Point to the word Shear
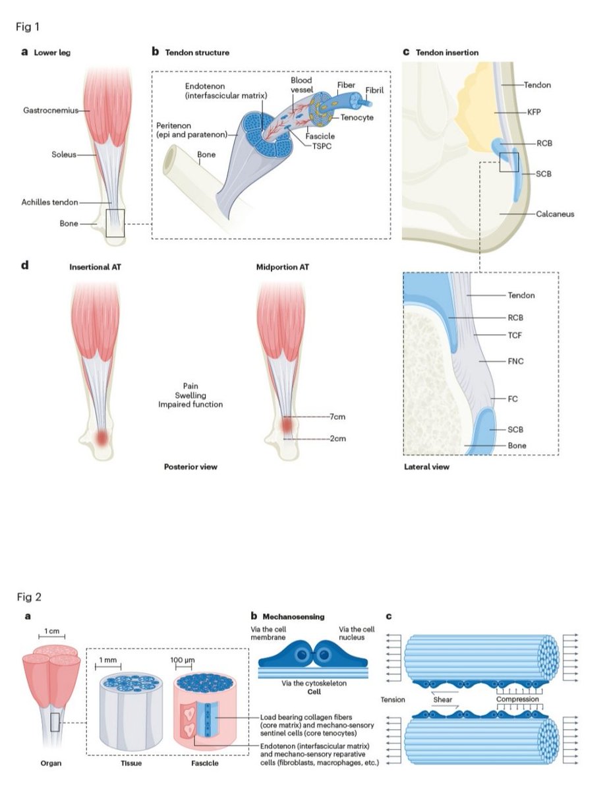tap(442, 699)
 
